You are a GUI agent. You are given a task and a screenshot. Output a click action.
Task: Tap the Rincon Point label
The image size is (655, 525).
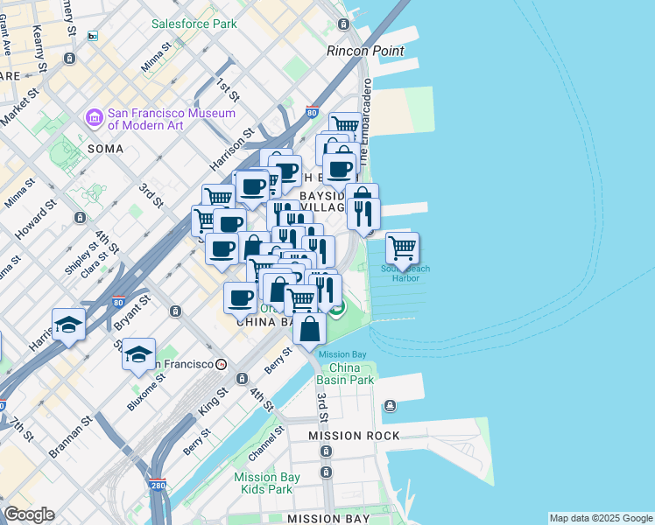(x=365, y=51)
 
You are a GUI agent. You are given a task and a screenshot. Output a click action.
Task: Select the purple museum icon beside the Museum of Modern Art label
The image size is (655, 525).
(x=94, y=116)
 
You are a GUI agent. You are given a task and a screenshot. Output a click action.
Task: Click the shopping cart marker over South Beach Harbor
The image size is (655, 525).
(x=402, y=248)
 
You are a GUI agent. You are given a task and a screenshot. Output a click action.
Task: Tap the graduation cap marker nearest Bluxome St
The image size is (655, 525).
(x=138, y=354)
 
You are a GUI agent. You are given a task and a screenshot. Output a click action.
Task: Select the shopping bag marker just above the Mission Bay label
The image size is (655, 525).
(x=309, y=330)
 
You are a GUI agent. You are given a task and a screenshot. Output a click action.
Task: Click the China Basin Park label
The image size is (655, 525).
(x=346, y=374)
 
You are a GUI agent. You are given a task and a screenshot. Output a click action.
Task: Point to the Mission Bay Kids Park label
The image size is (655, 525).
(x=267, y=483)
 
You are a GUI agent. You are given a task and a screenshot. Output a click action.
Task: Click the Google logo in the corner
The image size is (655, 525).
(x=29, y=514)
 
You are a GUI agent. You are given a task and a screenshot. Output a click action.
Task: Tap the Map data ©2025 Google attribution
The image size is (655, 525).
(x=600, y=518)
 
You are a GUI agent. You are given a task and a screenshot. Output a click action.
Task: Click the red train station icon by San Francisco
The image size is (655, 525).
(x=222, y=364)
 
